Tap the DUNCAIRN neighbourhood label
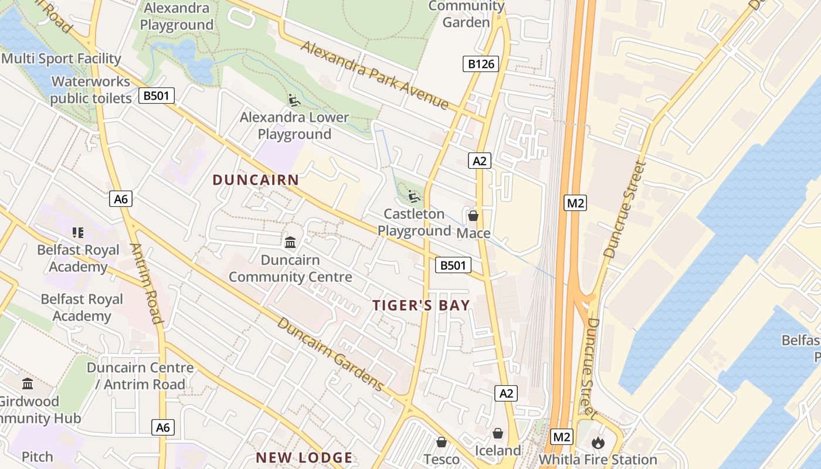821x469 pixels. coord(256,180)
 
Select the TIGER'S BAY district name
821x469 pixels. coord(421,305)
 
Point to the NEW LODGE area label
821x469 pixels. coord(304,458)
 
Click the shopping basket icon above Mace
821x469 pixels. coord(473,216)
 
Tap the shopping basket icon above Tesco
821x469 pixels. coord(442,442)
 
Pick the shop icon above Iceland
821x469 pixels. coord(498,433)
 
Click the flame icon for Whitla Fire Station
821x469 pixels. coord(598,442)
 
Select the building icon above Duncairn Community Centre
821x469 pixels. coord(290,242)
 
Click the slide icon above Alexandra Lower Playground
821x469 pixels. coord(294,100)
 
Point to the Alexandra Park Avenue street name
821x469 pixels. coord(375,74)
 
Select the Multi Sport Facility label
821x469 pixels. coord(61,59)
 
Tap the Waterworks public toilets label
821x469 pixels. coord(91,90)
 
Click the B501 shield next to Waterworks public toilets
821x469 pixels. coord(157,96)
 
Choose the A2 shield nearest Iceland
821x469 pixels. coord(506,393)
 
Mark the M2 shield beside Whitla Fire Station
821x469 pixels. coord(562,437)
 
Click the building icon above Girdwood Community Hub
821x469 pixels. coord(28,384)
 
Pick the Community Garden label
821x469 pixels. coord(466,14)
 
